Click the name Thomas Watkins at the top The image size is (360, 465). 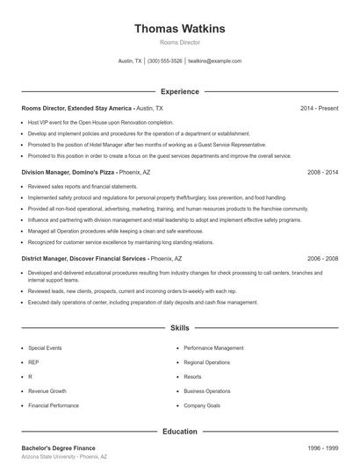[x=179, y=29]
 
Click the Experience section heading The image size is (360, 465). [x=179, y=91]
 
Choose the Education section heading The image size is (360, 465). [x=179, y=431]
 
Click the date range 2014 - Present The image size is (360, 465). [x=319, y=108]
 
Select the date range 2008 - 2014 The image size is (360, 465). [x=322, y=173]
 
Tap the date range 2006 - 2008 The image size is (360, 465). [x=322, y=259]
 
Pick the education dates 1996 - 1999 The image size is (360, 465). [x=322, y=447]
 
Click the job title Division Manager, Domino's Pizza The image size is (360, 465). [x=69, y=173]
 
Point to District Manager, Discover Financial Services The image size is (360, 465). [x=84, y=259]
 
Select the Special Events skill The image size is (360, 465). [x=45, y=348]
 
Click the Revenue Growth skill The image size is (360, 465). [x=47, y=391]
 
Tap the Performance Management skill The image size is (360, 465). [x=213, y=348]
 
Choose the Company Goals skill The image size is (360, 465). [x=202, y=405]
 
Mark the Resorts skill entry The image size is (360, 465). [x=193, y=376]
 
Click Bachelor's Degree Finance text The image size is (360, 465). [x=58, y=447]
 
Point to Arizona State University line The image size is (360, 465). [x=64, y=457]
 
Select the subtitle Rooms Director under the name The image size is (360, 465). [x=179, y=42]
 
